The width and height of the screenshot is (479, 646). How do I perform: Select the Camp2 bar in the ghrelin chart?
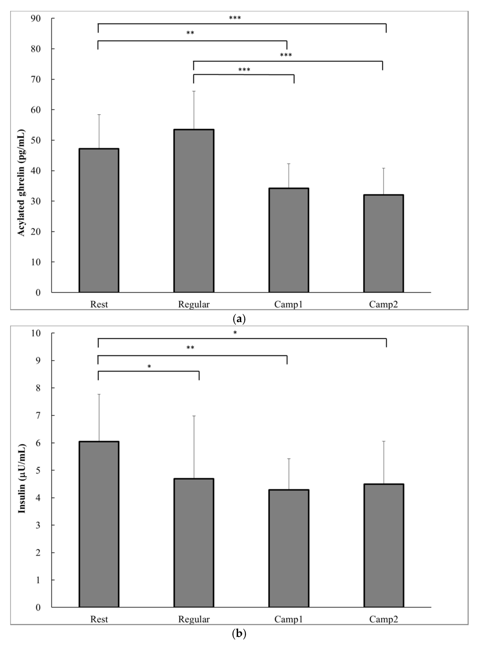pyautogui.click(x=384, y=243)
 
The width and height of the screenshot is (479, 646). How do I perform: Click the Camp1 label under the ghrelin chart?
pyautogui.click(x=289, y=304)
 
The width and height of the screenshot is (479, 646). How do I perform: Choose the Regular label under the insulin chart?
pyautogui.click(x=194, y=619)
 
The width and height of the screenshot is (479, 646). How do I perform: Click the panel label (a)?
pyautogui.click(x=239, y=319)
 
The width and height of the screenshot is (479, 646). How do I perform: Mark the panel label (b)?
pyautogui.click(x=239, y=634)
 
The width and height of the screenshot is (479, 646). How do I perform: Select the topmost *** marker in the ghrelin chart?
pyautogui.click(x=235, y=18)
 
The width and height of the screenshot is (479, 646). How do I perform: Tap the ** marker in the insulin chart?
pyautogui.click(x=190, y=348)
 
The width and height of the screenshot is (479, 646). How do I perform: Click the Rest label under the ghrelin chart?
pyautogui.click(x=99, y=304)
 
